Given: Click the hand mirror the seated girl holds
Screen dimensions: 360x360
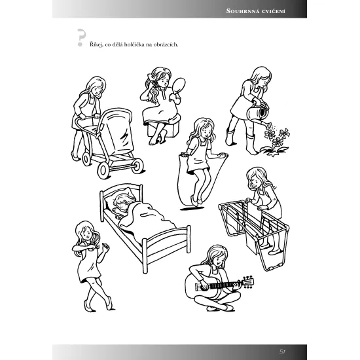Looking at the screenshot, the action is coord(179,86).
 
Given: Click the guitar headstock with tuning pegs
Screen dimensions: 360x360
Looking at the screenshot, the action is coord(248,281).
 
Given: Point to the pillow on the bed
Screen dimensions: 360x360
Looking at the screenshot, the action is coord(120,197).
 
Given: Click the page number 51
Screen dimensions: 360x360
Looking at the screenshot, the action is coord(282,351).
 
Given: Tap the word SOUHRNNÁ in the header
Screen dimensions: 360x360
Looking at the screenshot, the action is coord(242,11).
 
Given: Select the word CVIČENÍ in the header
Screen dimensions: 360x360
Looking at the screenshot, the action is coord(274,11).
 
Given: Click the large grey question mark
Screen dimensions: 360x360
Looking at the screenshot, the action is coord(81,38).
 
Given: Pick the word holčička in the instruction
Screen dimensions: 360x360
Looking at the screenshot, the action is coord(134,45).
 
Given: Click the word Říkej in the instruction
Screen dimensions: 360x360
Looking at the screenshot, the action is coord(96,45).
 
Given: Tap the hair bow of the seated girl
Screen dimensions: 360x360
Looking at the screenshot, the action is coord(150,77).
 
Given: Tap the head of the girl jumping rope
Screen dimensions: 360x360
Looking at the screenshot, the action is coord(204,128).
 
